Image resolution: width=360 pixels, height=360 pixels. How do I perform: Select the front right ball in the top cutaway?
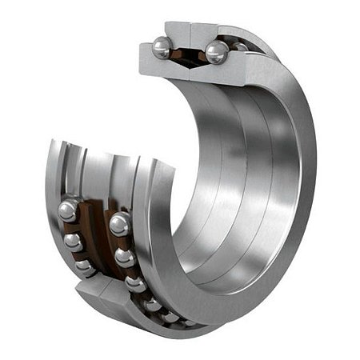tap(215, 53)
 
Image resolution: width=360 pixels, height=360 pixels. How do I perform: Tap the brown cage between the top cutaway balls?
tap(189, 56)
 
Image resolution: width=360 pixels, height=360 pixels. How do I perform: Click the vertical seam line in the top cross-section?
tap(189, 32)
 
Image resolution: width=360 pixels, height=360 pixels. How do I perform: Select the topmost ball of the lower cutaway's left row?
tap(67, 211)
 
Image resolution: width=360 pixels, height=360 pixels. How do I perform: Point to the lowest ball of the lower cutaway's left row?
tap(84, 266)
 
